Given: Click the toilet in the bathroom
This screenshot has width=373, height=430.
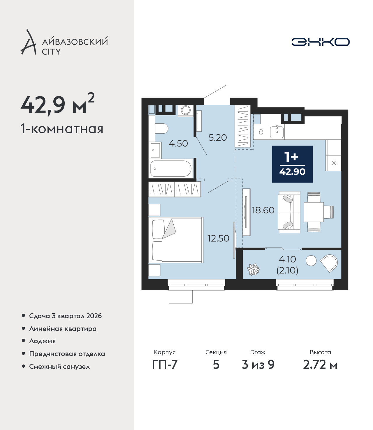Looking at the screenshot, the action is pyautogui.click(x=162, y=129).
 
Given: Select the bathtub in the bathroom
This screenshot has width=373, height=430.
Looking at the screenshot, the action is pyautogui.click(x=171, y=169).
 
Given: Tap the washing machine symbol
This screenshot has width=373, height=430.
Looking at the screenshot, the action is pyautogui.click(x=185, y=110).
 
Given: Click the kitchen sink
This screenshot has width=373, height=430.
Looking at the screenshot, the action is pyautogui.click(x=277, y=132).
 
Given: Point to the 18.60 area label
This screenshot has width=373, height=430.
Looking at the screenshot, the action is pyautogui.click(x=263, y=210).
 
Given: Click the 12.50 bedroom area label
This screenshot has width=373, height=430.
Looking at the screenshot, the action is pyautogui.click(x=218, y=238).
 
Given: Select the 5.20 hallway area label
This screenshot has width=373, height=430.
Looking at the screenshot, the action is pyautogui.click(x=218, y=138).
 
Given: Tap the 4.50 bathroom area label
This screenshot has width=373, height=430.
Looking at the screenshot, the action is pyautogui.click(x=178, y=144).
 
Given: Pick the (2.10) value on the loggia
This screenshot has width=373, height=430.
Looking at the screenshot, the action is pyautogui.click(x=287, y=270).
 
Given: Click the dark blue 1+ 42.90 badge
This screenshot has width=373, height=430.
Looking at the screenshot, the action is pyautogui.click(x=292, y=164).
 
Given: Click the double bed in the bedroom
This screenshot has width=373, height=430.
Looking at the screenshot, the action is pyautogui.click(x=176, y=240).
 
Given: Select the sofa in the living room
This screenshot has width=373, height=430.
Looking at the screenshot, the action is pyautogui.click(x=289, y=212).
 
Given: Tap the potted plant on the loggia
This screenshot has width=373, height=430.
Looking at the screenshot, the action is pyautogui.click(x=253, y=269).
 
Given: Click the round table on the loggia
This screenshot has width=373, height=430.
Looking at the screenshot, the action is pyautogui.click(x=311, y=261).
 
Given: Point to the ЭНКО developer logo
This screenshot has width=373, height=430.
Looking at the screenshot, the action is pyautogui.click(x=321, y=42).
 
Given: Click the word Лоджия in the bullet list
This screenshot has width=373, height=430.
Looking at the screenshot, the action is pyautogui.click(x=43, y=341).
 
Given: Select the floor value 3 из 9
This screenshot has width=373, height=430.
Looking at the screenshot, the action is pyautogui.click(x=258, y=364).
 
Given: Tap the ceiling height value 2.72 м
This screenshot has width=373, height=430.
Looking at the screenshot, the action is pyautogui.click(x=320, y=364).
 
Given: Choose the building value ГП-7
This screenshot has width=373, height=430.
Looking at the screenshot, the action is pyautogui.click(x=165, y=364).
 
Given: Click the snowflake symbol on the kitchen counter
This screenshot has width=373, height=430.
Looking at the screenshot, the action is pyautogui.click(x=334, y=163).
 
